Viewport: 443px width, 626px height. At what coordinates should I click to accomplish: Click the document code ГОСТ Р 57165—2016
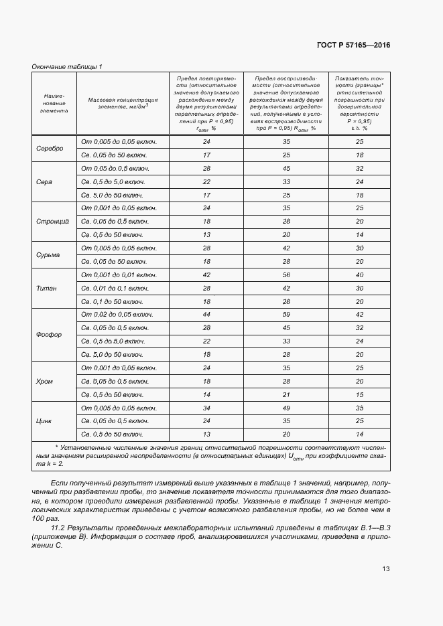(353, 45)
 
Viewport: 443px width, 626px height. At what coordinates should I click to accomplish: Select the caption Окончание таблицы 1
(67, 66)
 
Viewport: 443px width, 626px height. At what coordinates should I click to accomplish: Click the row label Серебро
(50, 149)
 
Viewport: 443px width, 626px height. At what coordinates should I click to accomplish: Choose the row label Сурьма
(48, 254)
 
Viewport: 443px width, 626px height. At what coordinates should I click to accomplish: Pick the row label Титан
(47, 288)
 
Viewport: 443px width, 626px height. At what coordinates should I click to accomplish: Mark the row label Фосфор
(49, 335)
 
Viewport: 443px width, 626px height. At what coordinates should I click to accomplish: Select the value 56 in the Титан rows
(286, 275)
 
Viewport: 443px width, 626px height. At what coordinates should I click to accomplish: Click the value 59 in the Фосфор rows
(286, 315)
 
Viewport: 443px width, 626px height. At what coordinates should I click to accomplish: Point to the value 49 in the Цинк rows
(286, 408)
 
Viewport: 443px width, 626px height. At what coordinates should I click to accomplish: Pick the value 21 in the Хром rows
(286, 395)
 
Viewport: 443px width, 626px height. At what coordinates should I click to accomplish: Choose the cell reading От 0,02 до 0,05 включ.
(117, 315)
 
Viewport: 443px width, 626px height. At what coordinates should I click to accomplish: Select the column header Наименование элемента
(54, 104)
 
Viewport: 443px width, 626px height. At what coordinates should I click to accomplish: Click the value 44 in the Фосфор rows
(206, 315)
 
